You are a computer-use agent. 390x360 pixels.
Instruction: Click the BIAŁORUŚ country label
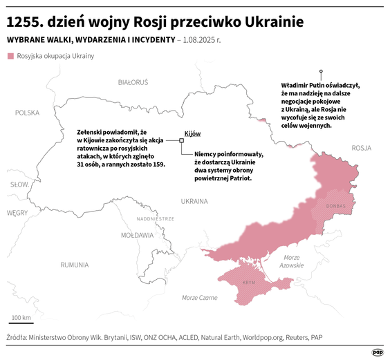(x=133, y=82)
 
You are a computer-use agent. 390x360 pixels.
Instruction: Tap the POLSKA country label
(x=28, y=112)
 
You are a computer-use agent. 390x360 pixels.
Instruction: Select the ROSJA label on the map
(x=361, y=148)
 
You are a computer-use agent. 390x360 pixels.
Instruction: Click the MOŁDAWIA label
(x=137, y=235)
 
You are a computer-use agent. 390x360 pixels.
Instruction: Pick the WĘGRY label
(x=17, y=213)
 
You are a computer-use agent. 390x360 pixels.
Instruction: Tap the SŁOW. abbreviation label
(x=19, y=184)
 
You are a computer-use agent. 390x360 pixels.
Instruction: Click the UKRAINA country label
(x=194, y=202)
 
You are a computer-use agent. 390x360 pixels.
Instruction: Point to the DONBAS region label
(x=335, y=206)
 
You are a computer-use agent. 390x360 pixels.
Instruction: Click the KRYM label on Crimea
(x=249, y=283)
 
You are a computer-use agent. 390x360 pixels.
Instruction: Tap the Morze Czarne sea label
(x=198, y=297)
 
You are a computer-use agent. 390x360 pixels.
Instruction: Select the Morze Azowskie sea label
(x=291, y=261)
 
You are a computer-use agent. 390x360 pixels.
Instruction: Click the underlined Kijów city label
(x=192, y=133)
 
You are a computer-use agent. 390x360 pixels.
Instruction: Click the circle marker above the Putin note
(x=320, y=70)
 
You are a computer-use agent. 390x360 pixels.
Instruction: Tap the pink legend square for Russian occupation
(x=10, y=56)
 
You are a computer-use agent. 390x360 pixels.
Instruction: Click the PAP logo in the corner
(x=378, y=351)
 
